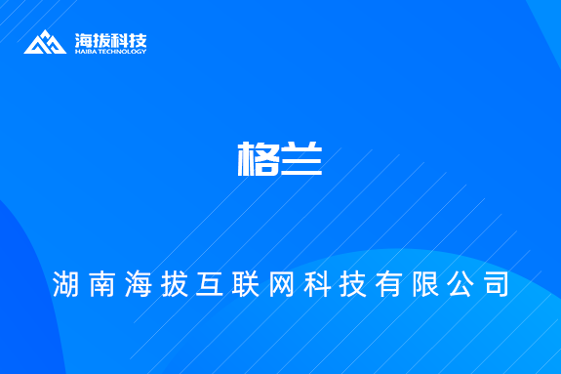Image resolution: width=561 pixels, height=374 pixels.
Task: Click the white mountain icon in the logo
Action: [46, 43]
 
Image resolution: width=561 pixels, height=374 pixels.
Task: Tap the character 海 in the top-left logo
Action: [84, 40]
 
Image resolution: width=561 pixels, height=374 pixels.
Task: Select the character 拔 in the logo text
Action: [102, 40]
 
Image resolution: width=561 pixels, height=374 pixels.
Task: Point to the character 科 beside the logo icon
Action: [120, 40]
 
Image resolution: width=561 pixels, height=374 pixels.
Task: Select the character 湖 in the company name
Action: [67, 284]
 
